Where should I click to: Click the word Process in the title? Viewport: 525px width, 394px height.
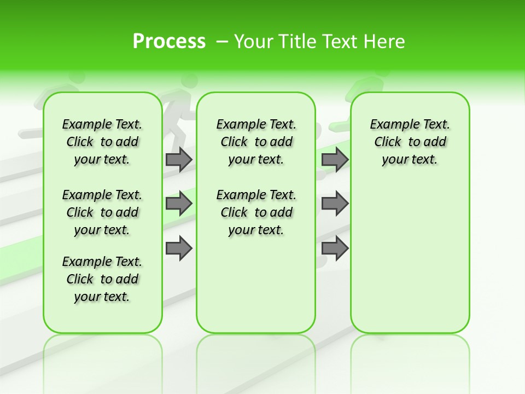(169, 41)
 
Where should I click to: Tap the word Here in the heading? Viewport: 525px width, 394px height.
(386, 42)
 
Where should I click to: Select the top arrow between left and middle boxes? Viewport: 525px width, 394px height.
(179, 159)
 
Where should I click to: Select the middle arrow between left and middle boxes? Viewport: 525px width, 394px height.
(179, 204)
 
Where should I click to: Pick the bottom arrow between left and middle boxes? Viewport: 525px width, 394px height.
(179, 248)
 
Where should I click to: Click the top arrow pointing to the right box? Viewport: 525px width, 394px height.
(335, 159)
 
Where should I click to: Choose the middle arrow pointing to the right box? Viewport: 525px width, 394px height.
(335, 204)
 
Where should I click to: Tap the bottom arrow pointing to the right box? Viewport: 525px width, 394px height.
(335, 248)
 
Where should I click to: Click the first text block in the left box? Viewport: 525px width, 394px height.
(102, 142)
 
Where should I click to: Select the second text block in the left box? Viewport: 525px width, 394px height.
(102, 212)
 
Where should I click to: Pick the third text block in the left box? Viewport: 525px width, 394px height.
(102, 279)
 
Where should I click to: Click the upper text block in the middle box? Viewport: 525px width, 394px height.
(256, 142)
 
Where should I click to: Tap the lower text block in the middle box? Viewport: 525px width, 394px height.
(256, 212)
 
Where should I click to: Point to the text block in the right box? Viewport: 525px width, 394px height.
(410, 142)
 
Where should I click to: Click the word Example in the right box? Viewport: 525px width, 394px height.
(389, 125)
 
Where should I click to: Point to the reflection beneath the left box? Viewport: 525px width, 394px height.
(103, 356)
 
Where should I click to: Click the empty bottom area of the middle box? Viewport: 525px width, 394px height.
(256, 290)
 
